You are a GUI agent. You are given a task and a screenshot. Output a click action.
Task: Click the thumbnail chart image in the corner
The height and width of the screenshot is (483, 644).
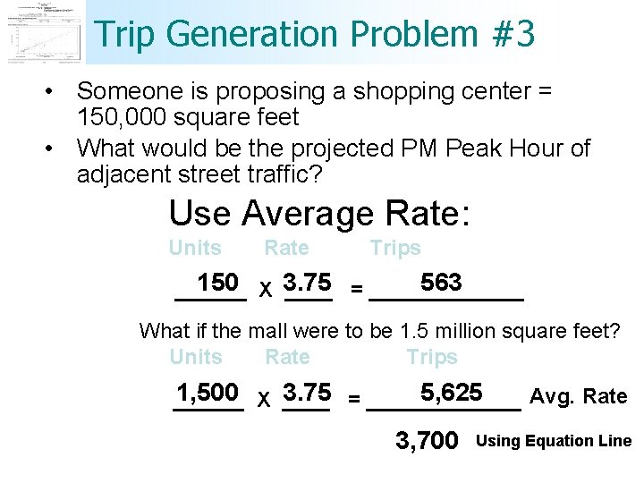pyautogui.click(x=43, y=32)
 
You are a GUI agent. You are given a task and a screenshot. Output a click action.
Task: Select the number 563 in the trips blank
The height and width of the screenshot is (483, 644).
pyautogui.click(x=441, y=283)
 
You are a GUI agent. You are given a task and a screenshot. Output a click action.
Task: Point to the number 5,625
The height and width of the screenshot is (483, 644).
pyautogui.click(x=452, y=393)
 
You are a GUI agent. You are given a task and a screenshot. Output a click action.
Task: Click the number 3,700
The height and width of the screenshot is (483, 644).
pyautogui.click(x=427, y=440)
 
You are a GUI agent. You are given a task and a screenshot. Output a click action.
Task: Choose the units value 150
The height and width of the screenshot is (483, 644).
pyautogui.click(x=217, y=283)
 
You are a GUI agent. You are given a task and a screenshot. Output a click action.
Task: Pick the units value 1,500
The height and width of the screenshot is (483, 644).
pyautogui.click(x=207, y=393)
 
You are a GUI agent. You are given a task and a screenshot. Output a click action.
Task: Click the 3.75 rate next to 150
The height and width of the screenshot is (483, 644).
pyautogui.click(x=307, y=283)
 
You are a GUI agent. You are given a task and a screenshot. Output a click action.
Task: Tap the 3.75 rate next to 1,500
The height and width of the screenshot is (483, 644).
pyautogui.click(x=307, y=393)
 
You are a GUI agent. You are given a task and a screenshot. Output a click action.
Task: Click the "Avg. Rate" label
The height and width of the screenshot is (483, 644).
pyautogui.click(x=579, y=396)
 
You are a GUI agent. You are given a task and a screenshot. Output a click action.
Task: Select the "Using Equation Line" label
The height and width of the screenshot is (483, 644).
pyautogui.click(x=555, y=441)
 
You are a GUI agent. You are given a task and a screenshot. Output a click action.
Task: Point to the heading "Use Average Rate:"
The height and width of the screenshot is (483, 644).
pyautogui.click(x=319, y=214)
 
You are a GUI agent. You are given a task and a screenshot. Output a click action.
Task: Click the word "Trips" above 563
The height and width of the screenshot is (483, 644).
pyautogui.click(x=395, y=249)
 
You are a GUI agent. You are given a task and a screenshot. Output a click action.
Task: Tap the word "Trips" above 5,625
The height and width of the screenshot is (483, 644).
pyautogui.click(x=431, y=358)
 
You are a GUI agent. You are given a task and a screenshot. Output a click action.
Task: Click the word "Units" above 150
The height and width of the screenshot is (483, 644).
pyautogui.click(x=195, y=249)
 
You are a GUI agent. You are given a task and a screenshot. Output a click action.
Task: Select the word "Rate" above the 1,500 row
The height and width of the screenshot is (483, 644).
pyautogui.click(x=287, y=358)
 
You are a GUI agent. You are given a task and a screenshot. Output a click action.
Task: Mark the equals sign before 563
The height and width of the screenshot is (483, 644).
pyautogui.click(x=357, y=289)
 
